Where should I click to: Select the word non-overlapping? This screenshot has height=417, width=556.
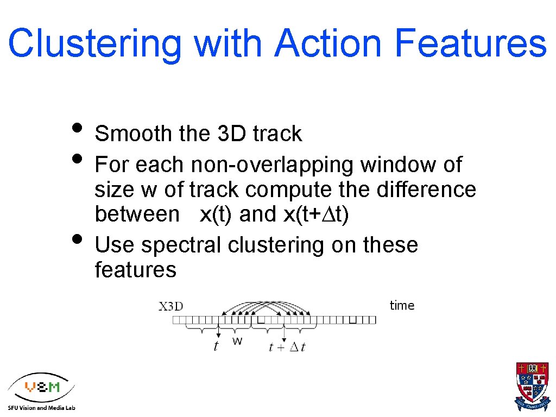tap(273, 165)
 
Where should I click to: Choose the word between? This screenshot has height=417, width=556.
tap(137, 214)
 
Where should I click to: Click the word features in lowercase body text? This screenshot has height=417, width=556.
tap(135, 269)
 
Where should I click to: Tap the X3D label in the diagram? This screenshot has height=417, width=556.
tap(171, 306)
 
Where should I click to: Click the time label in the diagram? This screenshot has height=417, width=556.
tap(402, 306)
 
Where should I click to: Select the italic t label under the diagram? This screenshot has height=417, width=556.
tap(216, 346)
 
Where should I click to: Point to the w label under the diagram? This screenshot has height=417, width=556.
tap(237, 341)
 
